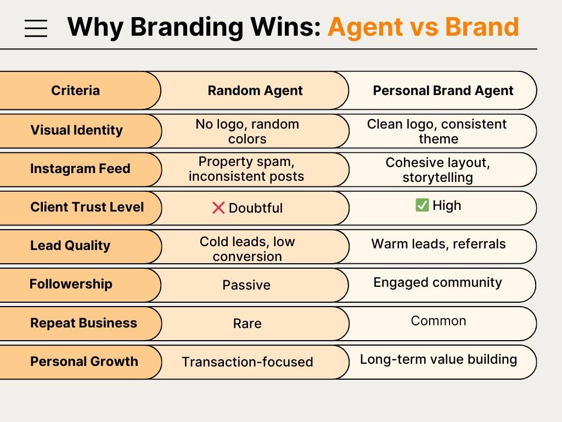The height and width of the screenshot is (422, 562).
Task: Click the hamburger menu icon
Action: point(36,27)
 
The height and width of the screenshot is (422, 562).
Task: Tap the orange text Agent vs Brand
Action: point(423,27)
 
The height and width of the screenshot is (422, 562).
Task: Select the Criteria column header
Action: point(76,91)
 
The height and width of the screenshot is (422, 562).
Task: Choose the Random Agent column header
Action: point(255,91)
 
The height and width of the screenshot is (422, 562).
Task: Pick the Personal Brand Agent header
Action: point(443,91)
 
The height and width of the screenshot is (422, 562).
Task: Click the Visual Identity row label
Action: point(76,130)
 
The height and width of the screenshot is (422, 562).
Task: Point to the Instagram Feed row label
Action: point(80,169)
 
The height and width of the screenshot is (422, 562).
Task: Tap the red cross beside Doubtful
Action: point(218,208)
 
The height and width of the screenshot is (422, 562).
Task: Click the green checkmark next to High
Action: point(422,206)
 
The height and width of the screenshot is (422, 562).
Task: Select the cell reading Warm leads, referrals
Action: point(439,244)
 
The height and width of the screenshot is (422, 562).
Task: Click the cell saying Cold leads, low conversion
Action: point(248,249)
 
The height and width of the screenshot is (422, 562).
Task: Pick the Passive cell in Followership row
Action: point(246,285)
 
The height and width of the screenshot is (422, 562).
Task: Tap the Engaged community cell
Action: point(437,282)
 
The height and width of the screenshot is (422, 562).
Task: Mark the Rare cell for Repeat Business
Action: point(247,324)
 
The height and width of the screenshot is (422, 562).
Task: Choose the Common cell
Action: point(439,321)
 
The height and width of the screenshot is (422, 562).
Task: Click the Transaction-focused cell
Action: point(248,362)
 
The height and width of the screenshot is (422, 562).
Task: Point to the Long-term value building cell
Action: point(439,359)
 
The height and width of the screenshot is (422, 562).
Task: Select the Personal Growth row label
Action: point(84,362)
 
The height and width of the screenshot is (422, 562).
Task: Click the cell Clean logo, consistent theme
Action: point(437,131)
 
